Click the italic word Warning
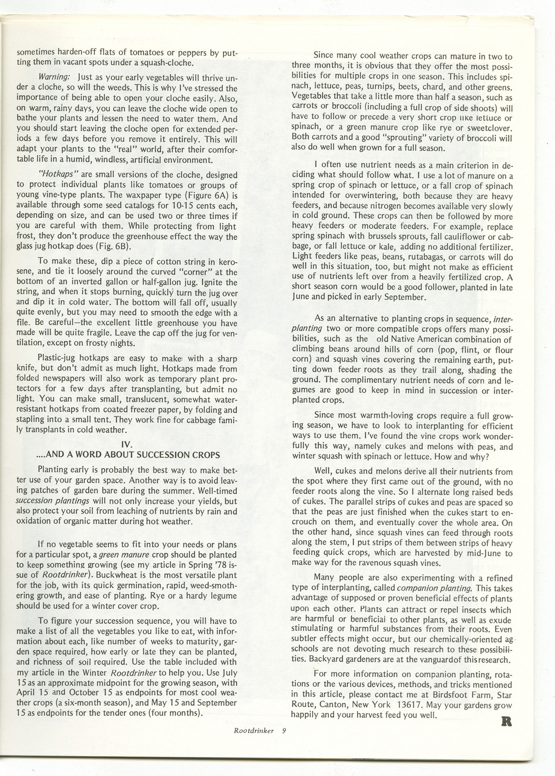[x=54, y=75]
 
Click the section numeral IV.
[x=127, y=445]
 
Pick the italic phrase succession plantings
[x=52, y=501]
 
